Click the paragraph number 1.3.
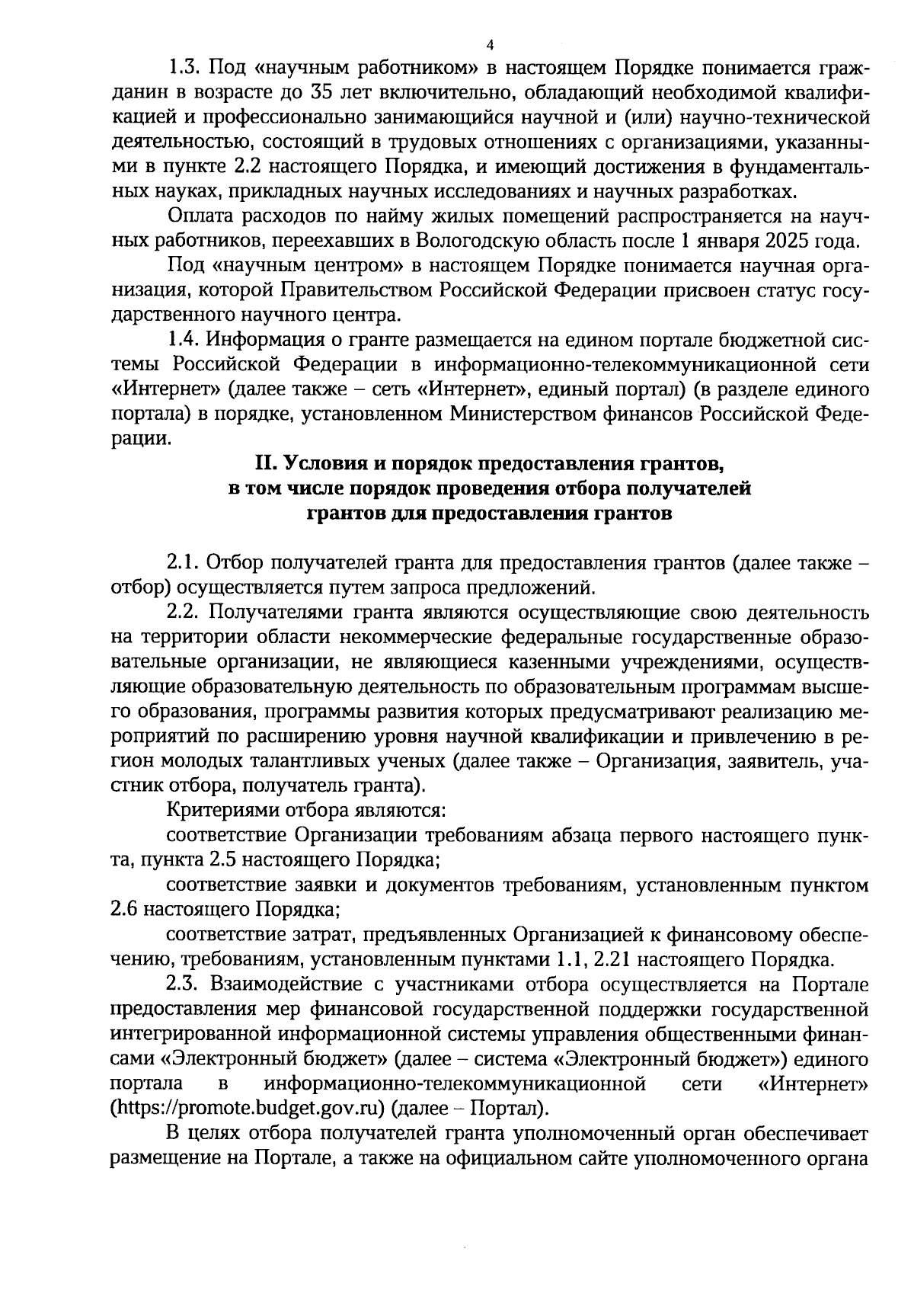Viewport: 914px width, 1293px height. (183, 68)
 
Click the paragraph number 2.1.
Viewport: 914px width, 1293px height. (183, 563)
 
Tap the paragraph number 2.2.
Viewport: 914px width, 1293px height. (183, 613)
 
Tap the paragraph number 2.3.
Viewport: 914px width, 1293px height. (183, 984)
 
